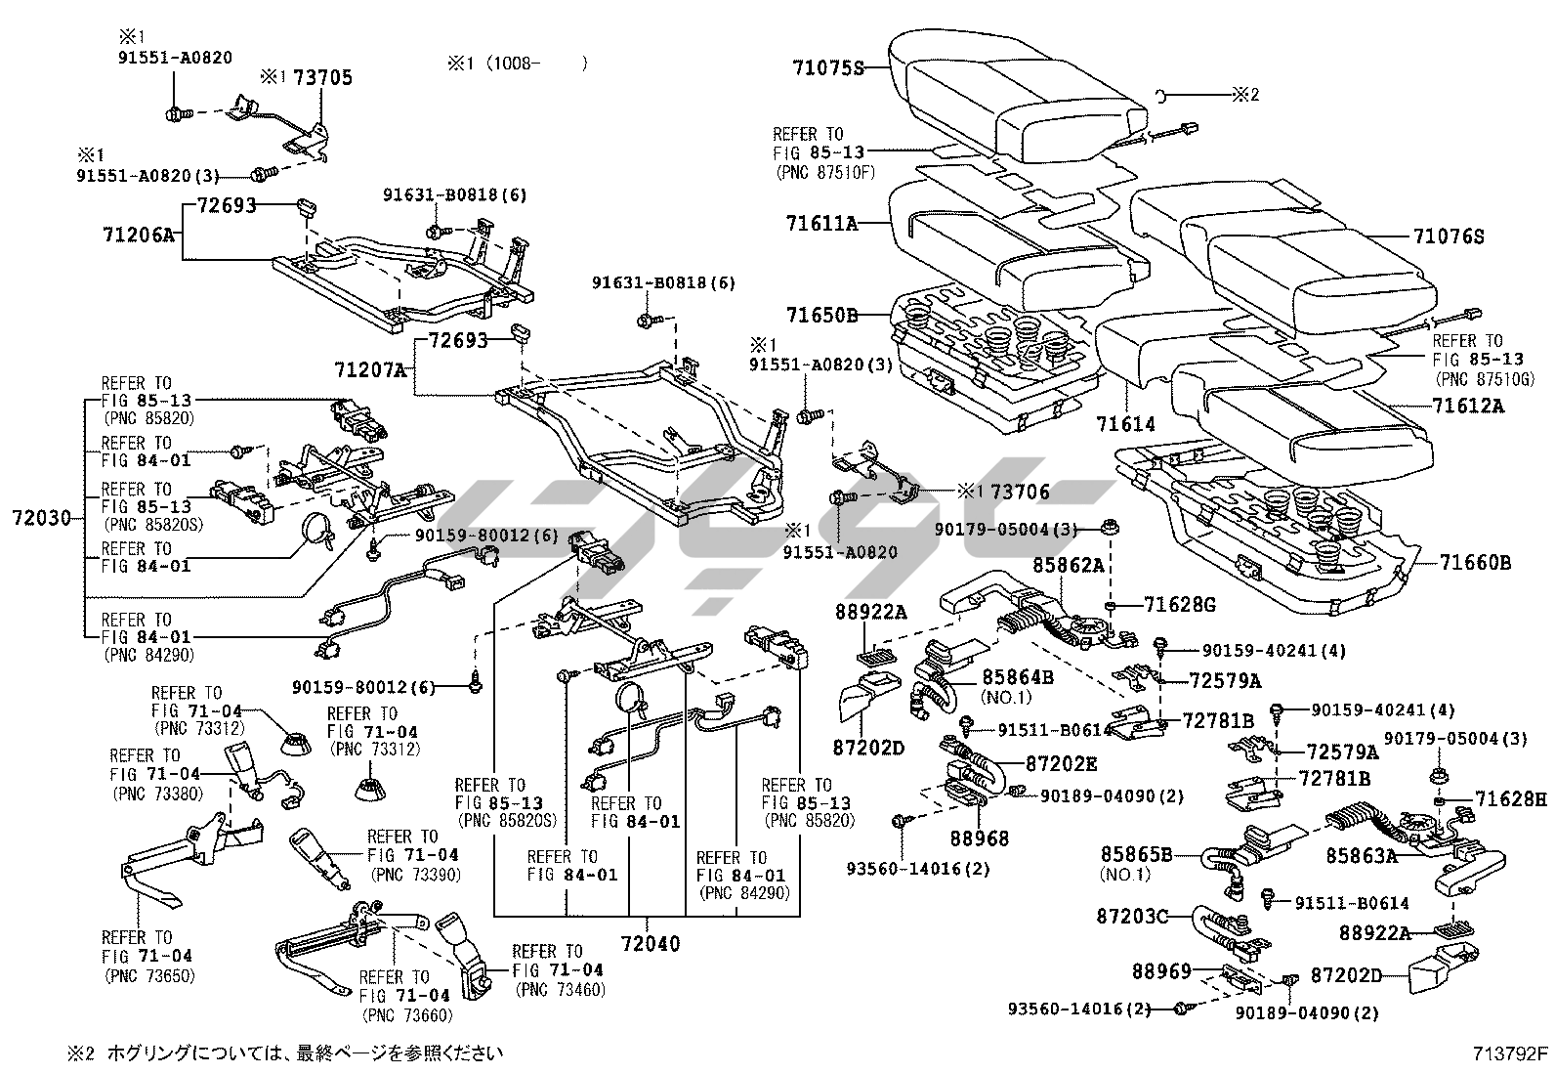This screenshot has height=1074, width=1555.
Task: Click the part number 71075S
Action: (x=828, y=67)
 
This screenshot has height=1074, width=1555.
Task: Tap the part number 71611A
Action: (x=821, y=224)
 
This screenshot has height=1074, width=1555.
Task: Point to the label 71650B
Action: (x=821, y=315)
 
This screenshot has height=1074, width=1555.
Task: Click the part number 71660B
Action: (x=1474, y=563)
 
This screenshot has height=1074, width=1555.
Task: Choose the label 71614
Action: (x=1125, y=424)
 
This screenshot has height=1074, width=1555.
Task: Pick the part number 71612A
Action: (x=1468, y=405)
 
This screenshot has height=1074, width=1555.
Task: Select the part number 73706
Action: (x=1020, y=492)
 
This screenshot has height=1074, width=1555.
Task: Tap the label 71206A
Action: (x=138, y=235)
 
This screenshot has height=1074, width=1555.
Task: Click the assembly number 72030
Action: (x=42, y=517)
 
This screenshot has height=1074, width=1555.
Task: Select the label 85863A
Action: (x=1362, y=856)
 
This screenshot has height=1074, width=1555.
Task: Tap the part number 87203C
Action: (x=1132, y=916)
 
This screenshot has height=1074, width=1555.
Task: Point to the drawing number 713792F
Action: (x=1511, y=1053)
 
